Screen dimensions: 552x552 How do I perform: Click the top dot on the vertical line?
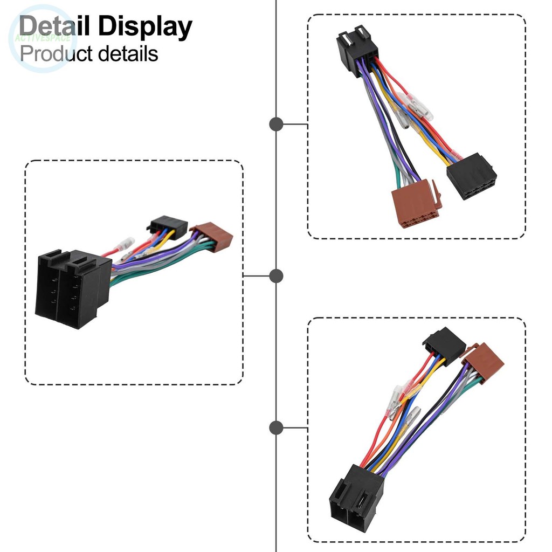tap(276, 124)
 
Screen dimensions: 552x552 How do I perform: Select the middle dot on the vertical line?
tap(276, 277)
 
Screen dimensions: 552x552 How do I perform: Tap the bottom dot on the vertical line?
tap(276, 428)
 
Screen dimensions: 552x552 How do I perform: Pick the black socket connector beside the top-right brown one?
tap(471, 175)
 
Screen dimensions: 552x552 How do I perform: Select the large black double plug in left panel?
tap(71, 288)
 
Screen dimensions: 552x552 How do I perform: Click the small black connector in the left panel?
tap(167, 226)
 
